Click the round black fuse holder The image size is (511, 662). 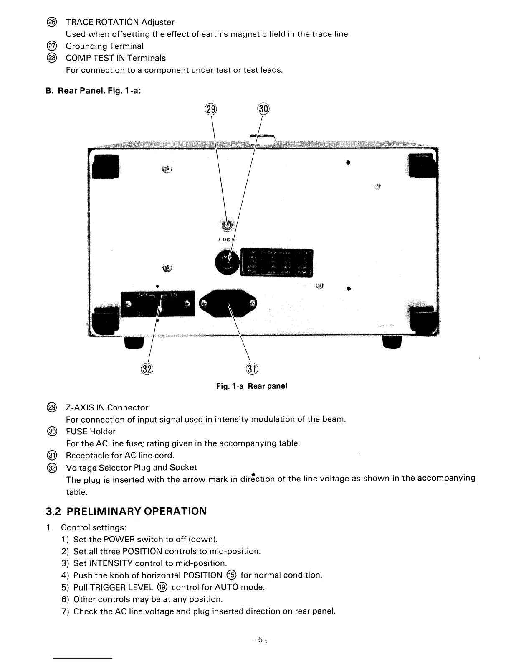click(227, 262)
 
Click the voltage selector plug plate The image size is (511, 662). click(158, 303)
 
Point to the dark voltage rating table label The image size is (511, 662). click(277, 263)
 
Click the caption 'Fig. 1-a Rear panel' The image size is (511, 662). click(251, 386)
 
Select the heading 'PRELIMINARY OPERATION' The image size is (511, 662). click(137, 512)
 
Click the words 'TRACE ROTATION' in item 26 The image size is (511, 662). click(102, 22)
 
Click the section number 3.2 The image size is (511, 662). click(53, 512)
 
